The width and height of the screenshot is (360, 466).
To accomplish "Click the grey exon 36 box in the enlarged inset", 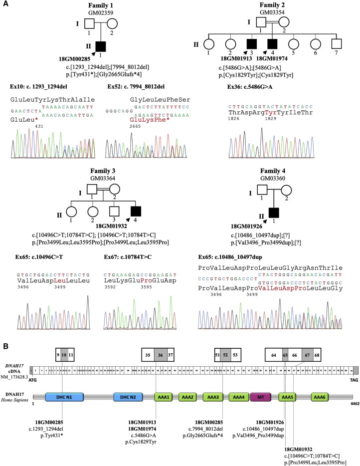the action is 161,355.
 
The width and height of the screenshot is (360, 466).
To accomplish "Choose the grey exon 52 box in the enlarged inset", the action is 225,355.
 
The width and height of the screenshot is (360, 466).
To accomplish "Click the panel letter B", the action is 5,345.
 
